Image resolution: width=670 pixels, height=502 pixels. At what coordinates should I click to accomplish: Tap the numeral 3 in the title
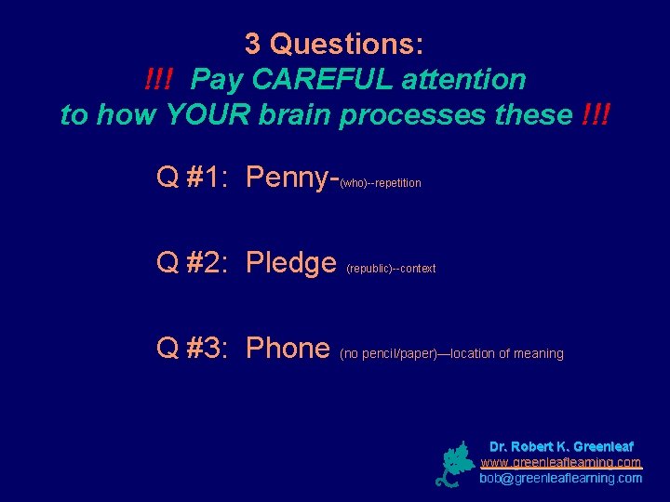pos(252,44)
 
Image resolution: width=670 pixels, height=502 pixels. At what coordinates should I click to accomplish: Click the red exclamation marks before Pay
pos(164,80)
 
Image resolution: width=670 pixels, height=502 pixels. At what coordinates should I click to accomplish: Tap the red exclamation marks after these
pos(596,115)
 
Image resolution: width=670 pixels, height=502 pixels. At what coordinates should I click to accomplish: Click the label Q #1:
pos(195,177)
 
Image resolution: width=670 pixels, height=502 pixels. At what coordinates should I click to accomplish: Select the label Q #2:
pos(195,264)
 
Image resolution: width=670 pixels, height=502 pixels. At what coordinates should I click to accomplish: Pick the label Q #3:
pos(195,349)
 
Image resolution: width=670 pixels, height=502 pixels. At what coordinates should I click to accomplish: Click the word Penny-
pos(291,177)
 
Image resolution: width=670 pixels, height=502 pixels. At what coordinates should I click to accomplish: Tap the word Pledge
pos(290,264)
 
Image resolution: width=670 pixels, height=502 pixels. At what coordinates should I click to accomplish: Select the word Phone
pos(288,349)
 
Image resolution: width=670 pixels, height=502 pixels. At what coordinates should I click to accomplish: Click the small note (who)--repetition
pos(381,183)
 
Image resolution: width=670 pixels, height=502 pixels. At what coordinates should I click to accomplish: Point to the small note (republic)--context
pos(391,269)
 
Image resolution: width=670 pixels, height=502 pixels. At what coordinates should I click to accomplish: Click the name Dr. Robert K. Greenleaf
pos(561,446)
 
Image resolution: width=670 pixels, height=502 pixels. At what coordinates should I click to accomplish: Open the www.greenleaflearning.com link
pos(561,462)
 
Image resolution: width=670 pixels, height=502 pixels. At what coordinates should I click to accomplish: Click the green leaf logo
pos(455,464)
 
